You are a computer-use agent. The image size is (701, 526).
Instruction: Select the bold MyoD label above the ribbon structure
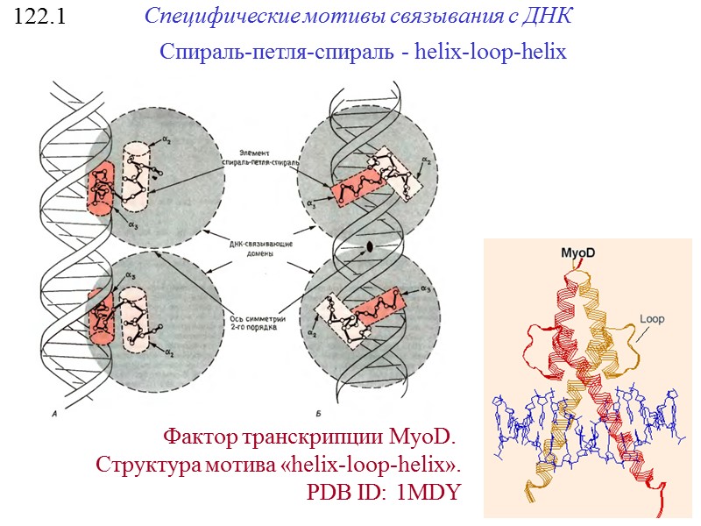click(x=578, y=252)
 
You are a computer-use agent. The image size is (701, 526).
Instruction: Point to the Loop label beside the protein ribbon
click(x=653, y=319)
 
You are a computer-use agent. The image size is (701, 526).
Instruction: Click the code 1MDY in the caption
click(x=428, y=493)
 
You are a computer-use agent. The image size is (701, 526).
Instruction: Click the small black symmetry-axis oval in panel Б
click(x=370, y=247)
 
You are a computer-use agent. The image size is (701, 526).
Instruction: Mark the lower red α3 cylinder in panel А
click(x=102, y=312)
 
